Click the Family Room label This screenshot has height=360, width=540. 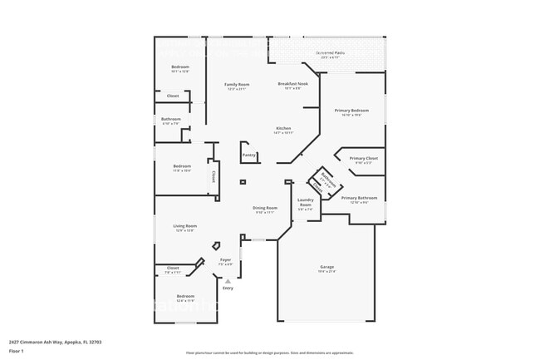pos(238,85)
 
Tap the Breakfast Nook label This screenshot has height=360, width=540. pos(293,85)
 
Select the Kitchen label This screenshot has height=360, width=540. pos(284,128)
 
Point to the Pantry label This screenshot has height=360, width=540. pos(248,155)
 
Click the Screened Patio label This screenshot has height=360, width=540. pos(330,53)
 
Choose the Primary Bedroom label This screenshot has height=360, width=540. pos(351,111)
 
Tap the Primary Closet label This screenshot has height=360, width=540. pos(363,158)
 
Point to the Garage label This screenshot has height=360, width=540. pos(326,267)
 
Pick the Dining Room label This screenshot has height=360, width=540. pos(264,208)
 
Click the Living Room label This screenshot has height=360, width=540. pos(184,226)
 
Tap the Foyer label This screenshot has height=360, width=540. pos(225,260)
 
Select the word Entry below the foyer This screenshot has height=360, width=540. pos(228,288)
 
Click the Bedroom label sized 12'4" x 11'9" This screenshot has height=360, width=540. pos(184,296)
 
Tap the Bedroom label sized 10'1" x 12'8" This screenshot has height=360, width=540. pos(180,67)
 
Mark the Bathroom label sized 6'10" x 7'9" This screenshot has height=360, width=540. pos(171,119)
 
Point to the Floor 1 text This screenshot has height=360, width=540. pos(17,351)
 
